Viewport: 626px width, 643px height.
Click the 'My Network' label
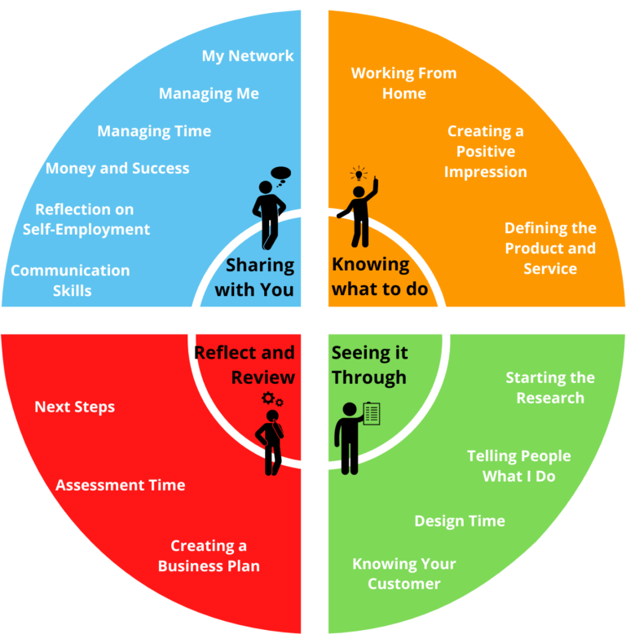coord(248,56)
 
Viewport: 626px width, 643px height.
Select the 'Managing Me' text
coord(209,94)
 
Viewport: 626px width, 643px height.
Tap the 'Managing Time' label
coord(154,131)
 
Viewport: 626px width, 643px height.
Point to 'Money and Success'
coord(117,169)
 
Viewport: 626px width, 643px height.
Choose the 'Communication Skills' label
coord(70,280)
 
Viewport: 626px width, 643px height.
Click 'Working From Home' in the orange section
coord(403,83)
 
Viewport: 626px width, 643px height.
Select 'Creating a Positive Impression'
coord(486,152)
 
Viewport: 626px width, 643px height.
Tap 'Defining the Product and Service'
coord(550,248)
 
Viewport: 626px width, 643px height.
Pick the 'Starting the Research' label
coord(550,388)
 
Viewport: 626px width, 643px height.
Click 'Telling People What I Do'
coord(518,465)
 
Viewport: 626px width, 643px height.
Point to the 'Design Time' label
coord(460,521)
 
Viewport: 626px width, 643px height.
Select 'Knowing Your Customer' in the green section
coord(403,574)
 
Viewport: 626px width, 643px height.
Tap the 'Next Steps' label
coord(75,407)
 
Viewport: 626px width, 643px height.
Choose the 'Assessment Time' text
coord(121,485)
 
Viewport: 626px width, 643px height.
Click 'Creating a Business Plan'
coord(209,556)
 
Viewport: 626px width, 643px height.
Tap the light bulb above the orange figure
coord(359,174)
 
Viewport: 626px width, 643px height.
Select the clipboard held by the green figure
coord(372,412)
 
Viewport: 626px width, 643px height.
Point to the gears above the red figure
coord(272,399)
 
